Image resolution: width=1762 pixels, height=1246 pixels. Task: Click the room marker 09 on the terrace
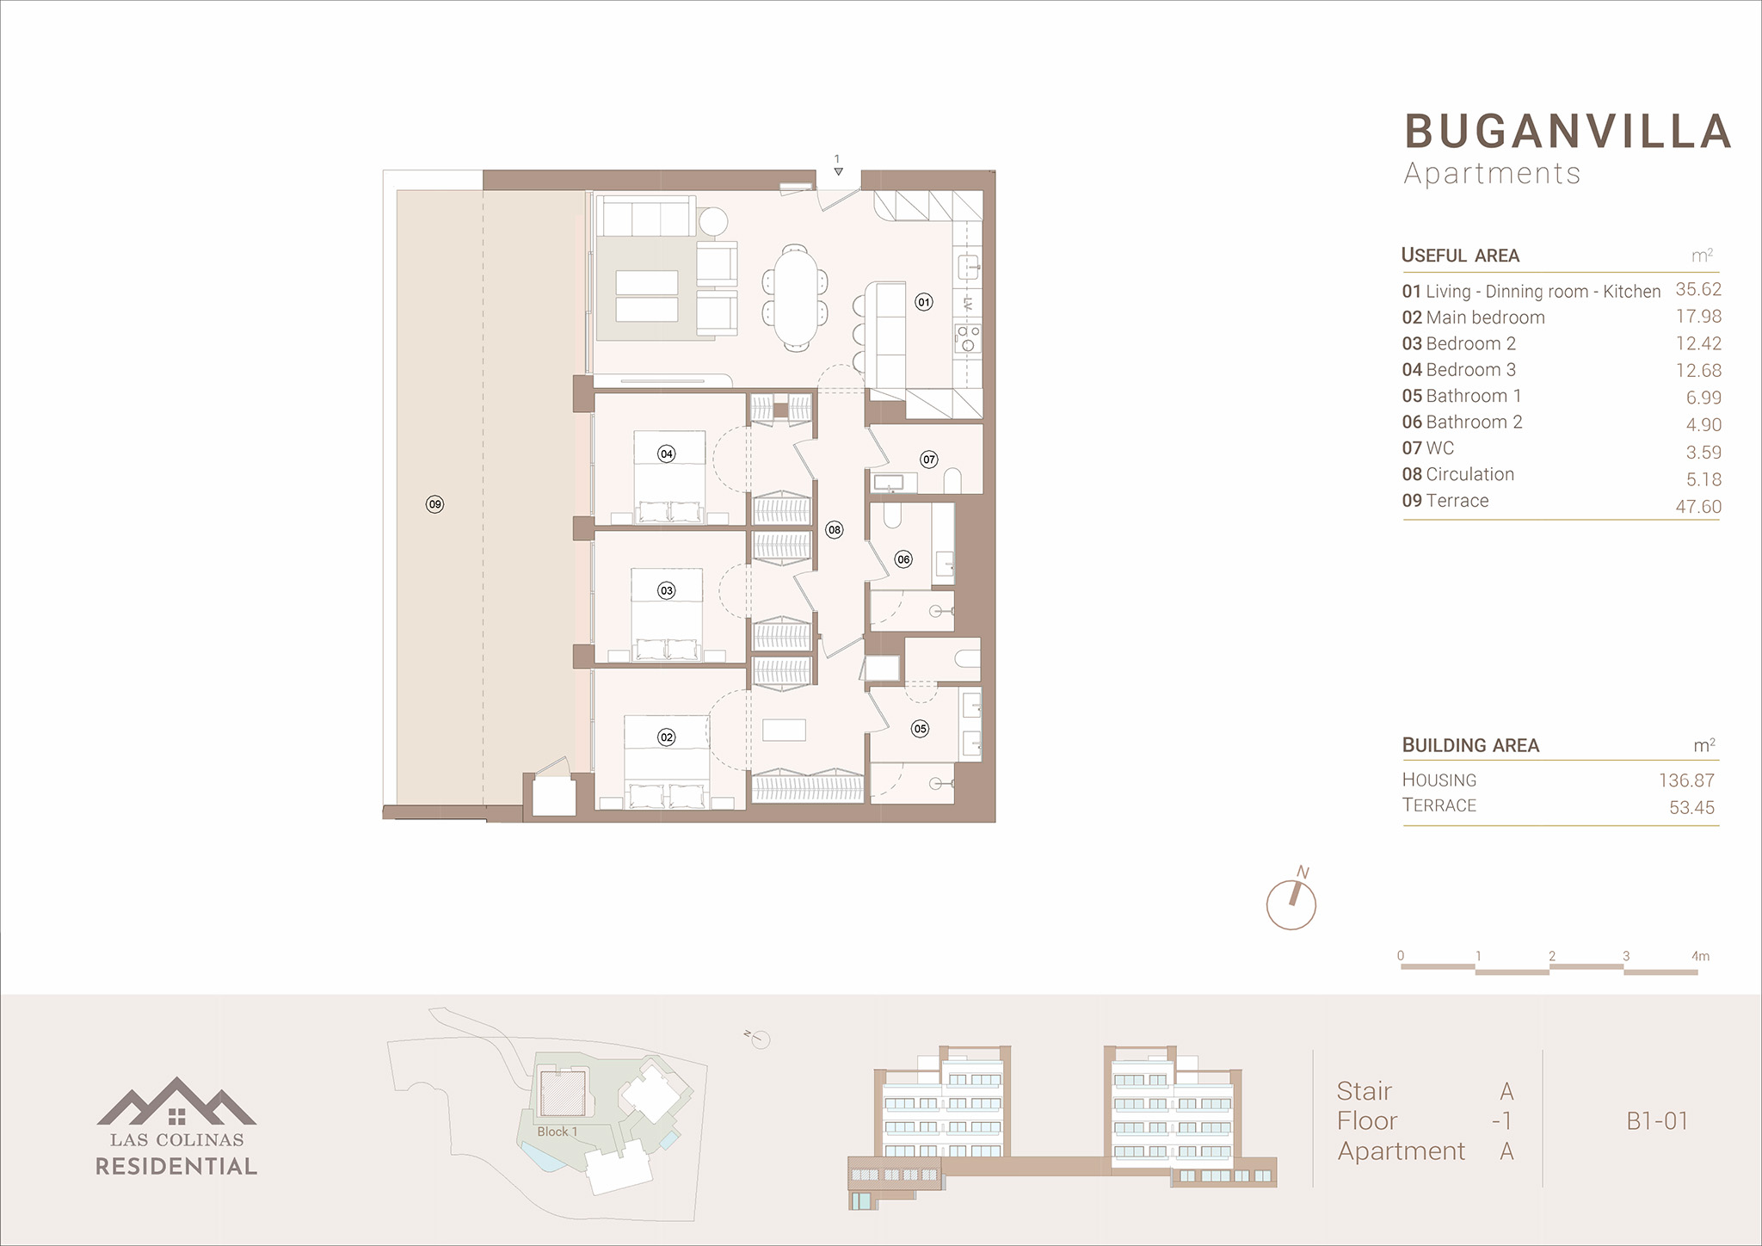pos(434,504)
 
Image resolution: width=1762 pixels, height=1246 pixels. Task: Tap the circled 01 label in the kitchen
pos(923,302)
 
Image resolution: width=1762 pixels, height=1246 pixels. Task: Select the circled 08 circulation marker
pos(834,530)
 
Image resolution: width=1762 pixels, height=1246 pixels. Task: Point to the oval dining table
pos(796,295)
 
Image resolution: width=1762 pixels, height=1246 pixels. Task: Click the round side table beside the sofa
pos(712,221)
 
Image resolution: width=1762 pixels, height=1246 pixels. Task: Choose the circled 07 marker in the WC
pos(928,460)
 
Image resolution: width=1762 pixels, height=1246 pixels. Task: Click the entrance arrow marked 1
pos(838,171)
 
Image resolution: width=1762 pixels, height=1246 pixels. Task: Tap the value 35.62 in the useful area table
pos(1698,289)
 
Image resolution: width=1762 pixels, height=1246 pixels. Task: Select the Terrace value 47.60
pos(1698,507)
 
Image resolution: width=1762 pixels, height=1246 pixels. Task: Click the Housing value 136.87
pos(1686,780)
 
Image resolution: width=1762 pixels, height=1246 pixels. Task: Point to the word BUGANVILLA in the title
pos(1568,132)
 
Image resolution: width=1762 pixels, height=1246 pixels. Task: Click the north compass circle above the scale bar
pos(1291,904)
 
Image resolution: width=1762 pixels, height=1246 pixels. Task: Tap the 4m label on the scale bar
pos(1700,956)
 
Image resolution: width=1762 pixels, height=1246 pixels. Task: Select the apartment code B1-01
pos(1657,1121)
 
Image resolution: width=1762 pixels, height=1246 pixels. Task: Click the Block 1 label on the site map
pos(558,1132)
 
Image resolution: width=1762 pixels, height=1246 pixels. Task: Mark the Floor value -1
pos(1502,1121)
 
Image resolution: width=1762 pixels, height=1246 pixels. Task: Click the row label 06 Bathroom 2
pos(1462,422)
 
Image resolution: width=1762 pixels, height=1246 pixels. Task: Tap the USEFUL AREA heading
pos(1460,256)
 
